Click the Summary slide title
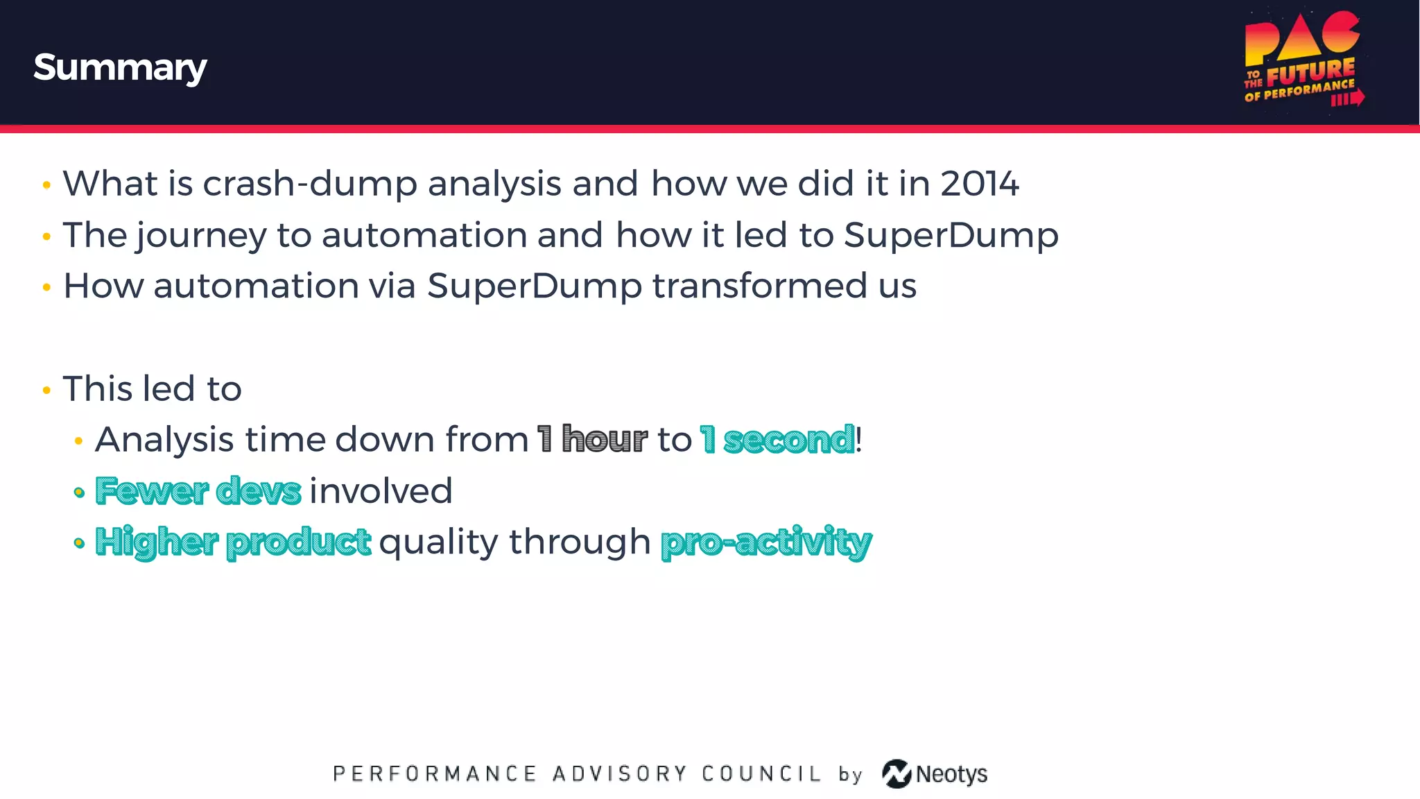coord(120,67)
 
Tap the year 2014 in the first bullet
coord(979,184)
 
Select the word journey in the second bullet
coord(201,236)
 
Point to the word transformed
coord(759,286)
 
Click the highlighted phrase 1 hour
coord(592,439)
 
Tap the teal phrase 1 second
coord(777,439)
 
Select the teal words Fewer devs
coord(198,491)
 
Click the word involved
coord(381,491)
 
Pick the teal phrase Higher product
coord(233,542)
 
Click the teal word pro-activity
coord(765,542)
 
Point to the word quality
coord(438,542)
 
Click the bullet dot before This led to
coord(46,390)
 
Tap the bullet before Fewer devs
coord(79,492)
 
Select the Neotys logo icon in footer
coord(897,773)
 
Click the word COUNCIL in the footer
coord(761,773)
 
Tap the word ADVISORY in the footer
coord(619,773)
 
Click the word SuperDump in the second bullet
coord(951,236)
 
